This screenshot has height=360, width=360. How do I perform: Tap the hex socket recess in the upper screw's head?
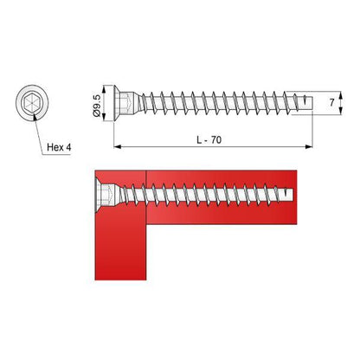(126, 106)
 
